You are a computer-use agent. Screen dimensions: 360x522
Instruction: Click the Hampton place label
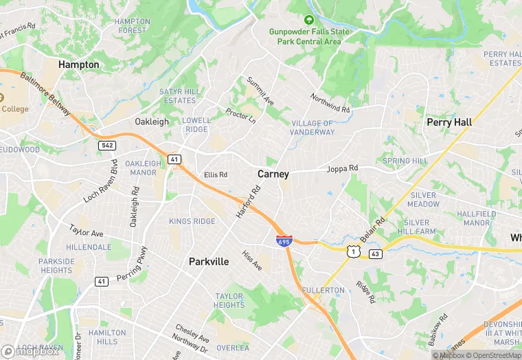[x=79, y=65]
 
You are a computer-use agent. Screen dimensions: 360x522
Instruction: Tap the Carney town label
[x=273, y=174]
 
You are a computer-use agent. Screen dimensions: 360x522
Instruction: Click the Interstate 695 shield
[x=284, y=241]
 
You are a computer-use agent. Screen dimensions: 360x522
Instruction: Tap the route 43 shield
[x=375, y=254]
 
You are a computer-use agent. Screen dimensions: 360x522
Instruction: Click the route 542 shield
[x=106, y=145]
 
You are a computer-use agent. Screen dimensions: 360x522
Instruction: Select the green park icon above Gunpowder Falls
[x=308, y=20]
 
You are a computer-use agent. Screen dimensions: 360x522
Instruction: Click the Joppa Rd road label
[x=342, y=168]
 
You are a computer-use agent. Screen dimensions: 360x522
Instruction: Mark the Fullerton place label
[x=323, y=291]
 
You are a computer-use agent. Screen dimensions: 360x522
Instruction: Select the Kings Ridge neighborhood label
[x=192, y=221]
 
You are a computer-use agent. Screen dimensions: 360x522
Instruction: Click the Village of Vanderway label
[x=313, y=128]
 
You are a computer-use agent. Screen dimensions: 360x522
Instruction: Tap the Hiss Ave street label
[x=251, y=260]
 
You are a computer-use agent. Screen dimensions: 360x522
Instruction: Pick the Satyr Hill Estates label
[x=180, y=95]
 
